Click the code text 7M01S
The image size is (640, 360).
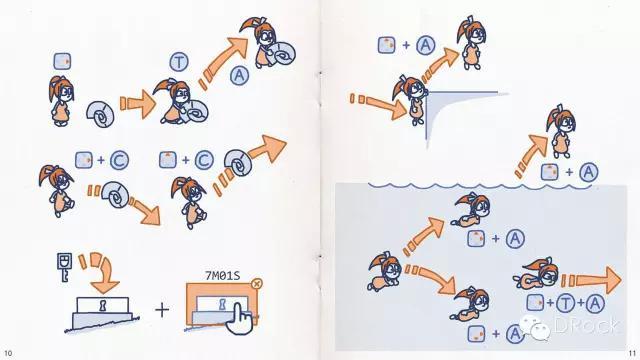pyautogui.click(x=222, y=276)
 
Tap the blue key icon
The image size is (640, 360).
pyautogui.click(x=64, y=267)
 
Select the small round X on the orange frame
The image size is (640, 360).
pyautogui.click(x=256, y=283)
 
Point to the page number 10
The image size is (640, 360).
pyautogui.click(x=8, y=353)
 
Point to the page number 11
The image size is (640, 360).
pyautogui.click(x=632, y=353)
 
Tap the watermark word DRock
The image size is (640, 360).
pyautogui.click(x=586, y=325)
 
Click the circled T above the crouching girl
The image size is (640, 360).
pyautogui.click(x=179, y=62)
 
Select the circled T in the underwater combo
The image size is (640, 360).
pyautogui.click(x=566, y=303)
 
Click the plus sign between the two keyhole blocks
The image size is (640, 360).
pyautogui.click(x=162, y=310)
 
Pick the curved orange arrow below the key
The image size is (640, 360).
pyautogui.click(x=99, y=273)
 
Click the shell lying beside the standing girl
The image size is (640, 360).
pyautogui.click(x=100, y=114)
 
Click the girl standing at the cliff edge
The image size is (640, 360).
pyautogui.click(x=410, y=100)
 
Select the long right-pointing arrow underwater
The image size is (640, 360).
pyautogui.click(x=591, y=280)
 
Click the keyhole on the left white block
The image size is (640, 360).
pyautogui.click(x=102, y=304)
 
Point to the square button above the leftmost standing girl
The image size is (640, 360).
pyautogui.click(x=62, y=61)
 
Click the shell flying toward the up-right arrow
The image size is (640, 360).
pyautogui.click(x=238, y=162)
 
